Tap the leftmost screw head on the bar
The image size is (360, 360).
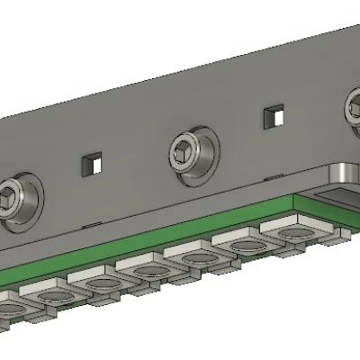(14, 199)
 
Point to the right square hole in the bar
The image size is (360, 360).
(274, 116)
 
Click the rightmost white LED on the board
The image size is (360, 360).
(292, 233)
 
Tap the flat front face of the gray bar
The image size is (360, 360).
(135, 135)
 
